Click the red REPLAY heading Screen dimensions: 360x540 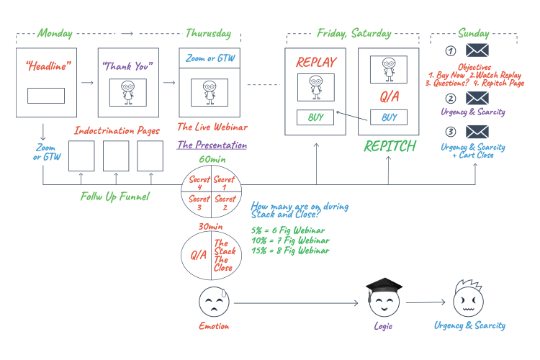316,62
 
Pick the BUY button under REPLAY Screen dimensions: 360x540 315,117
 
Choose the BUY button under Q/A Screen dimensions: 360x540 389,117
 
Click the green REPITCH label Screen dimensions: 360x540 390,146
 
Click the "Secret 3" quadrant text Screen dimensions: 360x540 198,203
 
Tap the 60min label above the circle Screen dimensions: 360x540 210,159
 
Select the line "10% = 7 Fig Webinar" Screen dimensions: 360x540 290,240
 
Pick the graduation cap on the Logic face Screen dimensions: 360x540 382,286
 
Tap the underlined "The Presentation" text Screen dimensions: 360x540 212,144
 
